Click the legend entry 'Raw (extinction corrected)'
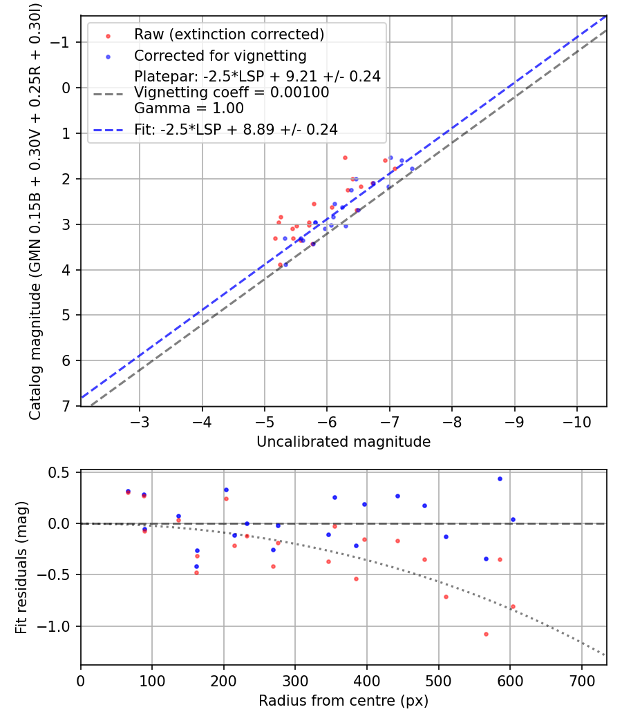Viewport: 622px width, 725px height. point(229,35)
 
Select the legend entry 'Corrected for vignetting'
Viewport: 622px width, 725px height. point(220,55)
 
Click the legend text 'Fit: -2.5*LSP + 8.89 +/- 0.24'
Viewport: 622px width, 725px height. point(236,130)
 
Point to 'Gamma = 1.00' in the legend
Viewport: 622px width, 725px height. point(189,108)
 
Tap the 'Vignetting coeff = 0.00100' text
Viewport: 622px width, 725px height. point(232,93)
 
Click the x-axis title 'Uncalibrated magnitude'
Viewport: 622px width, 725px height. point(343,442)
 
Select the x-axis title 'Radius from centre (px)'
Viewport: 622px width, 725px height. point(343,701)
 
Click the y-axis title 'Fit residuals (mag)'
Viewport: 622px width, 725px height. point(21,568)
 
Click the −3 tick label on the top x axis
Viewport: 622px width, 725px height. point(140,421)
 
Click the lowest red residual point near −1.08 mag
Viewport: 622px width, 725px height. point(486,634)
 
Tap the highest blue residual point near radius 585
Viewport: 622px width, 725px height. point(500,478)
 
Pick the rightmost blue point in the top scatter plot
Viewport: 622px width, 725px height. point(412,168)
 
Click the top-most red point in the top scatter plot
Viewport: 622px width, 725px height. point(345,157)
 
